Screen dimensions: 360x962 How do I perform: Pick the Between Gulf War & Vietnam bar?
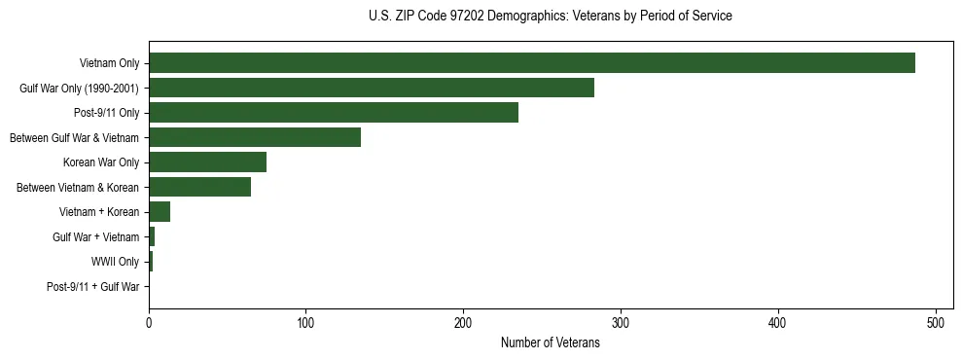coord(255,137)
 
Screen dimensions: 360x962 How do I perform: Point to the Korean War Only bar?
coord(207,162)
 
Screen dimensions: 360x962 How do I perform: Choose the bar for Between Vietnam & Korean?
coord(199,187)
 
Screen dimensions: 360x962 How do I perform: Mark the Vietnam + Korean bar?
coord(160,212)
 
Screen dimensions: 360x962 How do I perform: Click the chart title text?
coord(551,17)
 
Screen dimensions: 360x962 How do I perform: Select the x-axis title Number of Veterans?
coord(551,343)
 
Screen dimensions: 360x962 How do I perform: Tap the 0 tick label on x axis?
coord(149,323)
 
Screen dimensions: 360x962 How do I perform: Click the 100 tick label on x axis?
coord(306,323)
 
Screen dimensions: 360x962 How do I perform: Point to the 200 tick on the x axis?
coord(464,323)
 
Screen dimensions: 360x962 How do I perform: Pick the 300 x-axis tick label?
coord(621,323)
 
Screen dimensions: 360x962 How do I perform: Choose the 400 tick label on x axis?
coord(778,323)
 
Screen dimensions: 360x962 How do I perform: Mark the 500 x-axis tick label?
coord(936,323)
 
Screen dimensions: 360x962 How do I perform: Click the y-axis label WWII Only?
coord(115,262)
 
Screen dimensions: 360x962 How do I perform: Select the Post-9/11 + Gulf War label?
coord(93,287)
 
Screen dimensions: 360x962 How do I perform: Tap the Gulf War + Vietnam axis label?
coord(96,237)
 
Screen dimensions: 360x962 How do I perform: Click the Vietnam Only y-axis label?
coord(109,63)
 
